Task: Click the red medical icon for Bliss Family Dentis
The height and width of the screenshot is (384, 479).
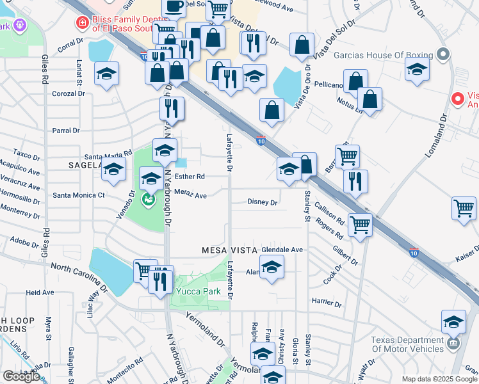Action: (x=82, y=24)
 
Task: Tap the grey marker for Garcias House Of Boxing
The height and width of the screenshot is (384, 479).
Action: (x=442, y=54)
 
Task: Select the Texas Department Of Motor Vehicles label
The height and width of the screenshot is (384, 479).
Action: (x=408, y=344)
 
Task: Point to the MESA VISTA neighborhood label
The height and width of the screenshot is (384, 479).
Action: (x=229, y=250)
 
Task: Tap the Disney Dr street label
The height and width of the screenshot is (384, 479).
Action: (x=263, y=202)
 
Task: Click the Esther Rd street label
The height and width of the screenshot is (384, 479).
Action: (x=190, y=177)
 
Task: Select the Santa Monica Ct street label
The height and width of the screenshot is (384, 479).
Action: (x=79, y=195)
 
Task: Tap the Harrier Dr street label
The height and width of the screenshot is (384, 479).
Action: (x=324, y=301)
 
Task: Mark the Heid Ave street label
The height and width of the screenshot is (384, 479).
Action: (x=40, y=292)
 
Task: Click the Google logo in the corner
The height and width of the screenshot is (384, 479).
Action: (x=20, y=376)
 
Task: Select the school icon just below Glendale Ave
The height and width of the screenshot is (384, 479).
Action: (x=272, y=266)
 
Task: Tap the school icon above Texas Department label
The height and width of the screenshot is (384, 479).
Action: (x=453, y=321)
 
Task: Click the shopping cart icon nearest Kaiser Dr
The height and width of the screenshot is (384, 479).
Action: (x=464, y=209)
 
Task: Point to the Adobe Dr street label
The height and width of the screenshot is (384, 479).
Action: (x=25, y=243)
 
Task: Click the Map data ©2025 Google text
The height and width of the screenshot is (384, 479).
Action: (x=439, y=379)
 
